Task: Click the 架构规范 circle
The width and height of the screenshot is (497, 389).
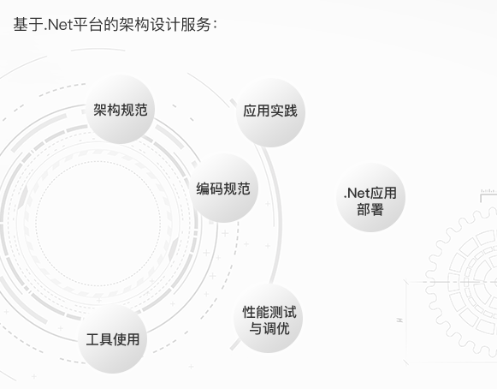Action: coord(120,109)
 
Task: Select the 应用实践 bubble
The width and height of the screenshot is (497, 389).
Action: coord(270,112)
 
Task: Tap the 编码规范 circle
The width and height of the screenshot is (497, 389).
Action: coord(223,188)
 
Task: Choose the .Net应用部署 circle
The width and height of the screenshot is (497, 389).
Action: coord(370,197)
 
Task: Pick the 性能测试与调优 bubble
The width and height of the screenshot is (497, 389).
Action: coord(268,319)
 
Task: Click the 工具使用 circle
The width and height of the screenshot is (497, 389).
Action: coord(113,338)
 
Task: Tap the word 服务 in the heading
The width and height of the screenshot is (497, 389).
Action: coord(196,25)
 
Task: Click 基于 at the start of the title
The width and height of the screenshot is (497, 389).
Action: coord(28,25)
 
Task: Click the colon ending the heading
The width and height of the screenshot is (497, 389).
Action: coord(215,25)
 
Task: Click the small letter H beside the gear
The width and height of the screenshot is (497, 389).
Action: coord(400,320)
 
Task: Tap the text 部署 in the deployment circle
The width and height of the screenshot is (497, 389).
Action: coord(370,210)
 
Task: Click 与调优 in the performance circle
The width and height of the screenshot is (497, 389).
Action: coord(269,328)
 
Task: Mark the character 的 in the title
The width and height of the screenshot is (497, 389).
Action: coord(111,25)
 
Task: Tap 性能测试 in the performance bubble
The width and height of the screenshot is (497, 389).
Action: coord(269,312)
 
